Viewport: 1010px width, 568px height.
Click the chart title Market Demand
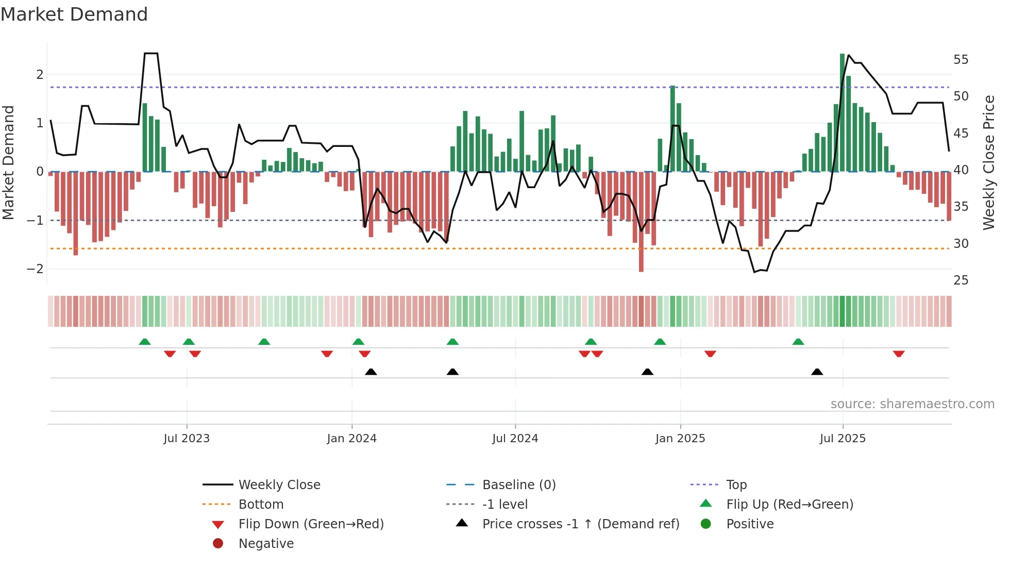click(74, 14)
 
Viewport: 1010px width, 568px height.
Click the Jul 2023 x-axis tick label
click(187, 439)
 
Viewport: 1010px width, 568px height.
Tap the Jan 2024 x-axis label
click(351, 439)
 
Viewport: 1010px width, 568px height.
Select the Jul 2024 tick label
click(515, 439)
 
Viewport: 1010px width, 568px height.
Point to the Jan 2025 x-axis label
click(680, 439)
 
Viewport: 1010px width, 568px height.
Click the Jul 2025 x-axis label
click(843, 439)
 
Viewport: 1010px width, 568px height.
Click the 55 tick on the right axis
click(961, 60)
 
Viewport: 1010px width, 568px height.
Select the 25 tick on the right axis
click(961, 280)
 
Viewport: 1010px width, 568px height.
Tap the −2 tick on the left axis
click(36, 269)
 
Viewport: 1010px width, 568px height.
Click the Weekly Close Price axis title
click(988, 162)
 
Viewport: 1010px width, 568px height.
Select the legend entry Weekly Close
click(279, 485)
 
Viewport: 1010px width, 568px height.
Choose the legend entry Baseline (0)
click(518, 485)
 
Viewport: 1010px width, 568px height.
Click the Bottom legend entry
click(261, 505)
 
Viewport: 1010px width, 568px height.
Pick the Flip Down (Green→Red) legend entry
click(311, 524)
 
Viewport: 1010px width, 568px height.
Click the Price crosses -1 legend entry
click(580, 524)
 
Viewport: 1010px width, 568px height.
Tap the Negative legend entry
click(266, 544)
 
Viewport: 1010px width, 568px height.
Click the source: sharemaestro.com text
click(912, 404)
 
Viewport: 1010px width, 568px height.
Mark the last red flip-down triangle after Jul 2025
click(899, 354)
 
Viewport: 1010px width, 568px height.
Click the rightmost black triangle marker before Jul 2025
click(817, 372)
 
